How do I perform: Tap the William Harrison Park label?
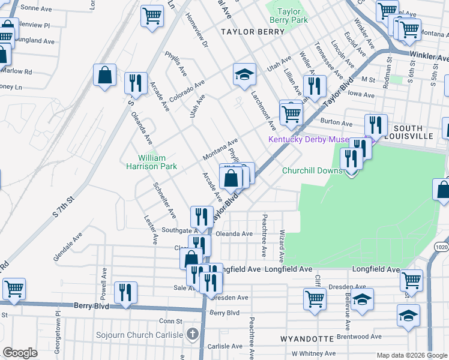tap(151, 162)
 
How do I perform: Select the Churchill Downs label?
tap(312, 170)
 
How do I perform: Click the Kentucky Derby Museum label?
tap(308, 140)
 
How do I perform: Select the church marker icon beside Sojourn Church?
tap(192, 333)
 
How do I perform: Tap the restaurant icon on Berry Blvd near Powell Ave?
tap(125, 293)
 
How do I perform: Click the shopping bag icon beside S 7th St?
tap(105, 76)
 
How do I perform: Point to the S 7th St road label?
tap(62, 206)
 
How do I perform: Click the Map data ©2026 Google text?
tap(411, 355)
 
